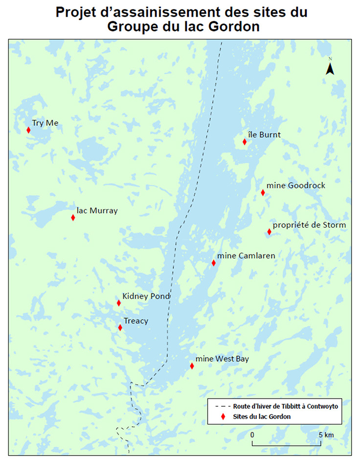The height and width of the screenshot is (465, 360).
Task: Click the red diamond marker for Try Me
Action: [x=28, y=130]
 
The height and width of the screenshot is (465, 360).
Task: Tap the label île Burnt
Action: [x=265, y=135]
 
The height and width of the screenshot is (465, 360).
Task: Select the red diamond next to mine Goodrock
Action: [x=263, y=192]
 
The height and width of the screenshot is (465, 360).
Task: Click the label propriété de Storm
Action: [x=309, y=225]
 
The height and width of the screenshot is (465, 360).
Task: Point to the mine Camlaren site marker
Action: [x=213, y=263]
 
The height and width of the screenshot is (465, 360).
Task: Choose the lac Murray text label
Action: [x=97, y=210]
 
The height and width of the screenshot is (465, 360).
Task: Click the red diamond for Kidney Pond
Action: [x=119, y=303]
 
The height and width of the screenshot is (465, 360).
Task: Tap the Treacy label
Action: [x=135, y=321]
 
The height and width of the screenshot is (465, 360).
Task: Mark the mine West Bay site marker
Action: [x=192, y=366]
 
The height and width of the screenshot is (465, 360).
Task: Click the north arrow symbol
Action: [x=330, y=68]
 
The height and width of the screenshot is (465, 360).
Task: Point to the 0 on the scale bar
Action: [x=252, y=434]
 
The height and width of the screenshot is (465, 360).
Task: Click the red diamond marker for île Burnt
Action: [x=245, y=142]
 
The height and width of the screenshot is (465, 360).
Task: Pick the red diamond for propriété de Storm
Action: [x=269, y=232]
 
